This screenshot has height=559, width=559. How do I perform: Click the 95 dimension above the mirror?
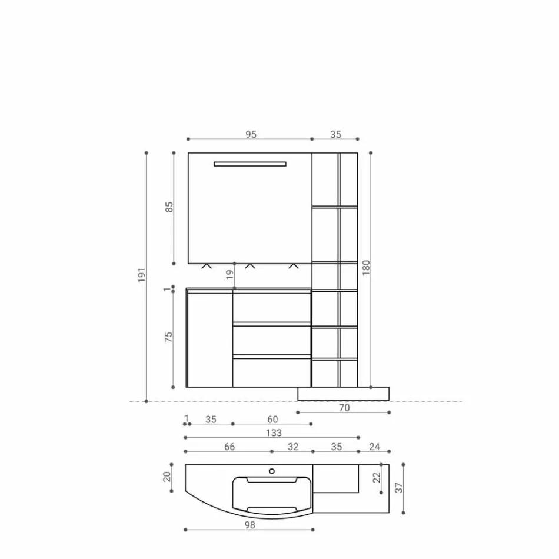coord(251,134)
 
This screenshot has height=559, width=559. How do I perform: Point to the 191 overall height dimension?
coord(142,275)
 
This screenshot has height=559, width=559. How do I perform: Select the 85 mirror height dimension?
coord(169,207)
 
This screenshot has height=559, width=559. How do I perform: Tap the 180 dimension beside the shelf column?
coord(366,268)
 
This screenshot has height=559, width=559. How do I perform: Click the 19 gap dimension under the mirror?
coord(229,275)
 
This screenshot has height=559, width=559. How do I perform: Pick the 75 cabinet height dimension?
coord(169,337)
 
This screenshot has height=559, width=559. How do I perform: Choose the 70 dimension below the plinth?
coord(344,407)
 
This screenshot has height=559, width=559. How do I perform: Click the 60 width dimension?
coord(272,420)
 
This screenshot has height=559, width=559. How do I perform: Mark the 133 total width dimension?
coord(274,433)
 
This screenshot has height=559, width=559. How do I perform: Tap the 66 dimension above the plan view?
coord(229,447)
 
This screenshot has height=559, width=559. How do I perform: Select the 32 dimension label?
coord(293,447)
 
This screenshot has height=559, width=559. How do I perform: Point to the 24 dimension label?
coord(374,447)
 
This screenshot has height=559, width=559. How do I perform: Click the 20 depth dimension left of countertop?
coord(167,476)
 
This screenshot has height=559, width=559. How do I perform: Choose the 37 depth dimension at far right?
coord(399,488)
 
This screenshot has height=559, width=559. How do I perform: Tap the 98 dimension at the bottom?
coord(250,525)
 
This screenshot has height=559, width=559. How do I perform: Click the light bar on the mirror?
coord(250,164)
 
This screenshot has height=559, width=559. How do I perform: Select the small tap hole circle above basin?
coord(272,471)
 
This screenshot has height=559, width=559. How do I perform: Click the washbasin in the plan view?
coord(272,494)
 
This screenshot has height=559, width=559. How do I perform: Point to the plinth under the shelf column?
coord(344,393)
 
